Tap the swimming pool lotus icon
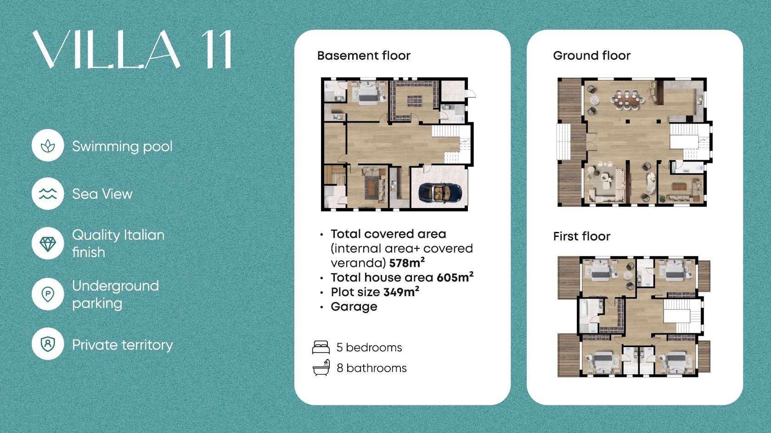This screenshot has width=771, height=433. click(48, 146)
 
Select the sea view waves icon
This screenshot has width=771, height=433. click(48, 194)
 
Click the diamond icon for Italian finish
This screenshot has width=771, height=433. click(48, 244)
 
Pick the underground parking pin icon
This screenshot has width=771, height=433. click(48, 294)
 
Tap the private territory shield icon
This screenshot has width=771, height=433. click(48, 344)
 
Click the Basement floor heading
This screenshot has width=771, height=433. click(364, 56)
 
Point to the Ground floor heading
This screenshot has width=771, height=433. click(591, 56)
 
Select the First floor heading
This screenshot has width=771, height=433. click(582, 236)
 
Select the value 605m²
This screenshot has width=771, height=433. click(455, 277)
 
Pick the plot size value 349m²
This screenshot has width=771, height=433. click(401, 292)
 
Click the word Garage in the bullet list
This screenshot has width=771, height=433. click(354, 307)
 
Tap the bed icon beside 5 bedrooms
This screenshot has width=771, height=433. click(321, 347)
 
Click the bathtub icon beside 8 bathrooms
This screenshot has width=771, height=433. click(321, 368)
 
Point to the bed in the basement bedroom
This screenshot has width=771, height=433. click(368, 92)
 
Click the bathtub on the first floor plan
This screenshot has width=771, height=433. click(585, 312)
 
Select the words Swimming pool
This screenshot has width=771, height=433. click(122, 146)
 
